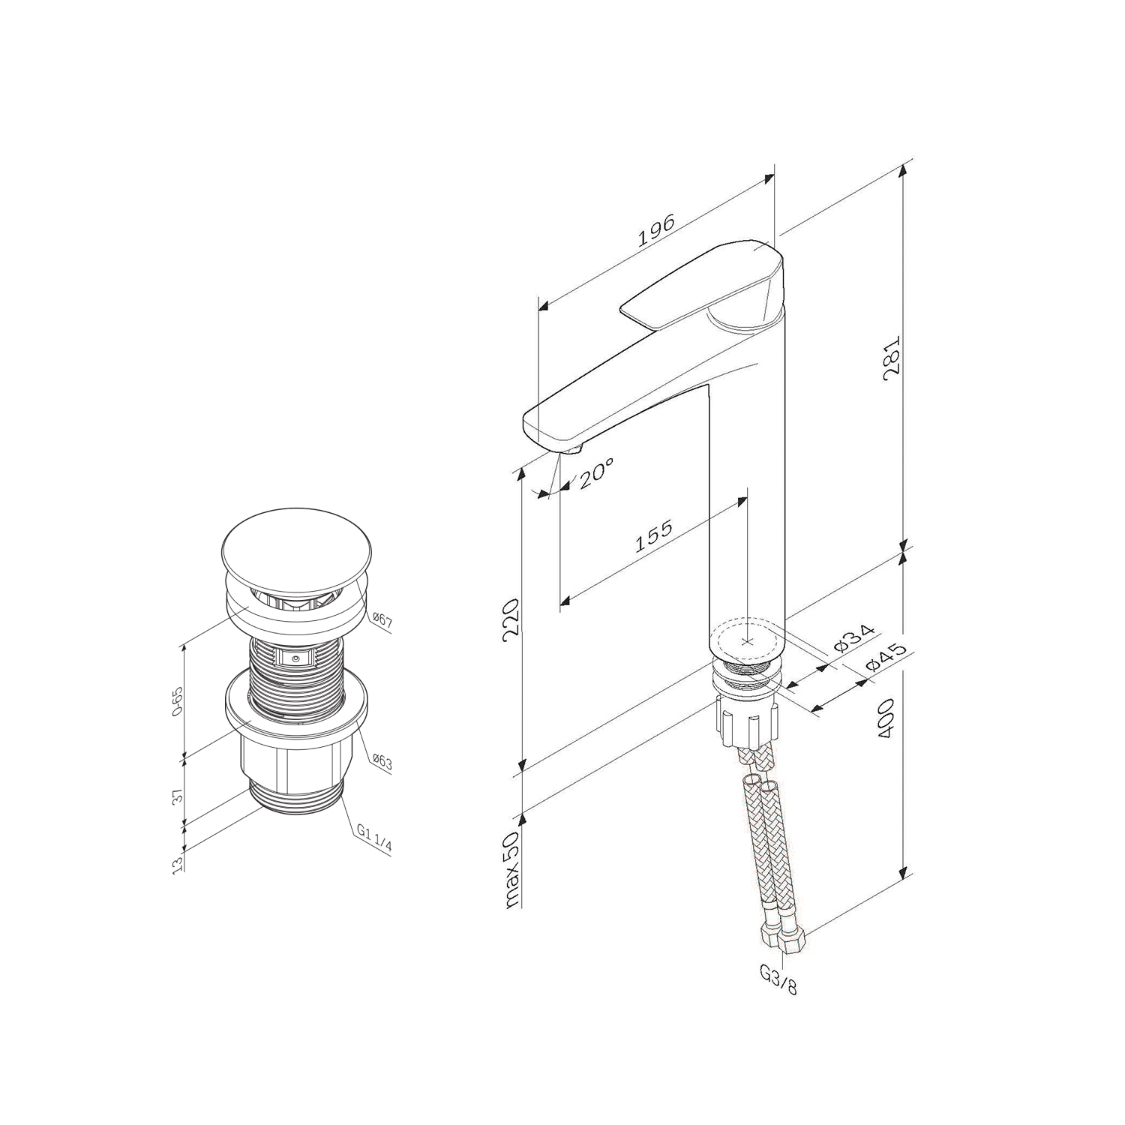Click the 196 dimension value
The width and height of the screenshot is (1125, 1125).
[x=657, y=230]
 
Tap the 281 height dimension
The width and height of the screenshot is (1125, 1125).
[x=892, y=358]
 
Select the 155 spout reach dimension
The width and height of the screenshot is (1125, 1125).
[x=654, y=535]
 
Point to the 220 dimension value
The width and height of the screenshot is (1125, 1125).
[x=511, y=618]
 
